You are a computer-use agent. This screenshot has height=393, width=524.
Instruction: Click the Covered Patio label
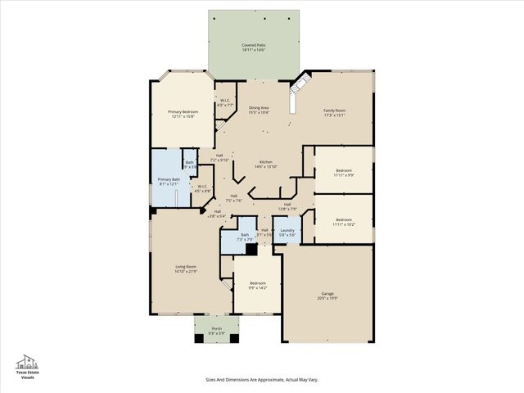pos(252,47)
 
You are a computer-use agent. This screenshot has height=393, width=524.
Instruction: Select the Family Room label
pos(334,113)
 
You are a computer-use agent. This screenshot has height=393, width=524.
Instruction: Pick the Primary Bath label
pos(169,181)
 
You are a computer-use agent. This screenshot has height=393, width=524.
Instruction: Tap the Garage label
pos(327,296)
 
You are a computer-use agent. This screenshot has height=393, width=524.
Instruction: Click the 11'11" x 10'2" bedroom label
pos(343,221)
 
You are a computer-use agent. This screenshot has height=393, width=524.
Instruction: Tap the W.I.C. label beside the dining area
pos(226,103)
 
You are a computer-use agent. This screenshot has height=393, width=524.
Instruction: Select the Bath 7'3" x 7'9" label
pos(245,237)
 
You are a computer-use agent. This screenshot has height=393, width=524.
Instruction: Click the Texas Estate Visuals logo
pos(28,367)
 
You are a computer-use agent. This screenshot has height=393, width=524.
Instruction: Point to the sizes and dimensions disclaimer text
pos(261,379)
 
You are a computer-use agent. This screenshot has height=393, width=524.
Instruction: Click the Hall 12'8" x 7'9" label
pos(287,206)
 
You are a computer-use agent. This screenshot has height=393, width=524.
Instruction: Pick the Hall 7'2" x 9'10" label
pos(219,158)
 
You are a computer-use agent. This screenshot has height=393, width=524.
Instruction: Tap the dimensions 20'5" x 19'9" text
pos(327,299)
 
